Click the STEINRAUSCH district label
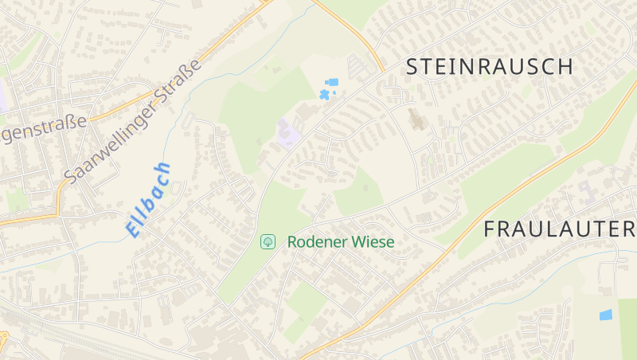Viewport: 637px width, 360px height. pos(489,67)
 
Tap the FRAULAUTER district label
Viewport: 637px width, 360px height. pos(560,229)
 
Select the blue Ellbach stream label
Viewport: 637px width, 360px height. pos(148,199)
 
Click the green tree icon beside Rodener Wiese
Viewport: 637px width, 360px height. pos(268,241)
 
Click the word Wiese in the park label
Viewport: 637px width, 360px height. pos(373,241)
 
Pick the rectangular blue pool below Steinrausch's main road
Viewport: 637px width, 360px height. pos(332,82)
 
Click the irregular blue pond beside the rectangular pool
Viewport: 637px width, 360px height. pos(324,95)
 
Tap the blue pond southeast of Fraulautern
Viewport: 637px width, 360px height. pos(606,315)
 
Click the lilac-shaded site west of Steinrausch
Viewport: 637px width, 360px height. pos(287,132)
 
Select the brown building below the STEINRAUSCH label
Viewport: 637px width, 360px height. pos(416,120)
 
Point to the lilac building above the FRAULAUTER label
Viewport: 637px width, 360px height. pos(587,191)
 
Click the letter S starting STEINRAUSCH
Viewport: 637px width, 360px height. pos(412,67)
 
